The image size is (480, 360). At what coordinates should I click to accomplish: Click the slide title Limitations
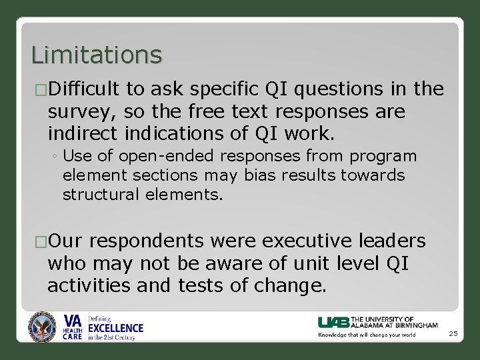[96, 55]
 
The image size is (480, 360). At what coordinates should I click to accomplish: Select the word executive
[307, 241]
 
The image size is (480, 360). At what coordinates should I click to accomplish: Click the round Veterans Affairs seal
[42, 327]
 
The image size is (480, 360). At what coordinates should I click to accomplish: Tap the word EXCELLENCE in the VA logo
[115, 328]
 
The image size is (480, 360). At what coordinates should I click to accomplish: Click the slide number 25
[453, 333]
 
